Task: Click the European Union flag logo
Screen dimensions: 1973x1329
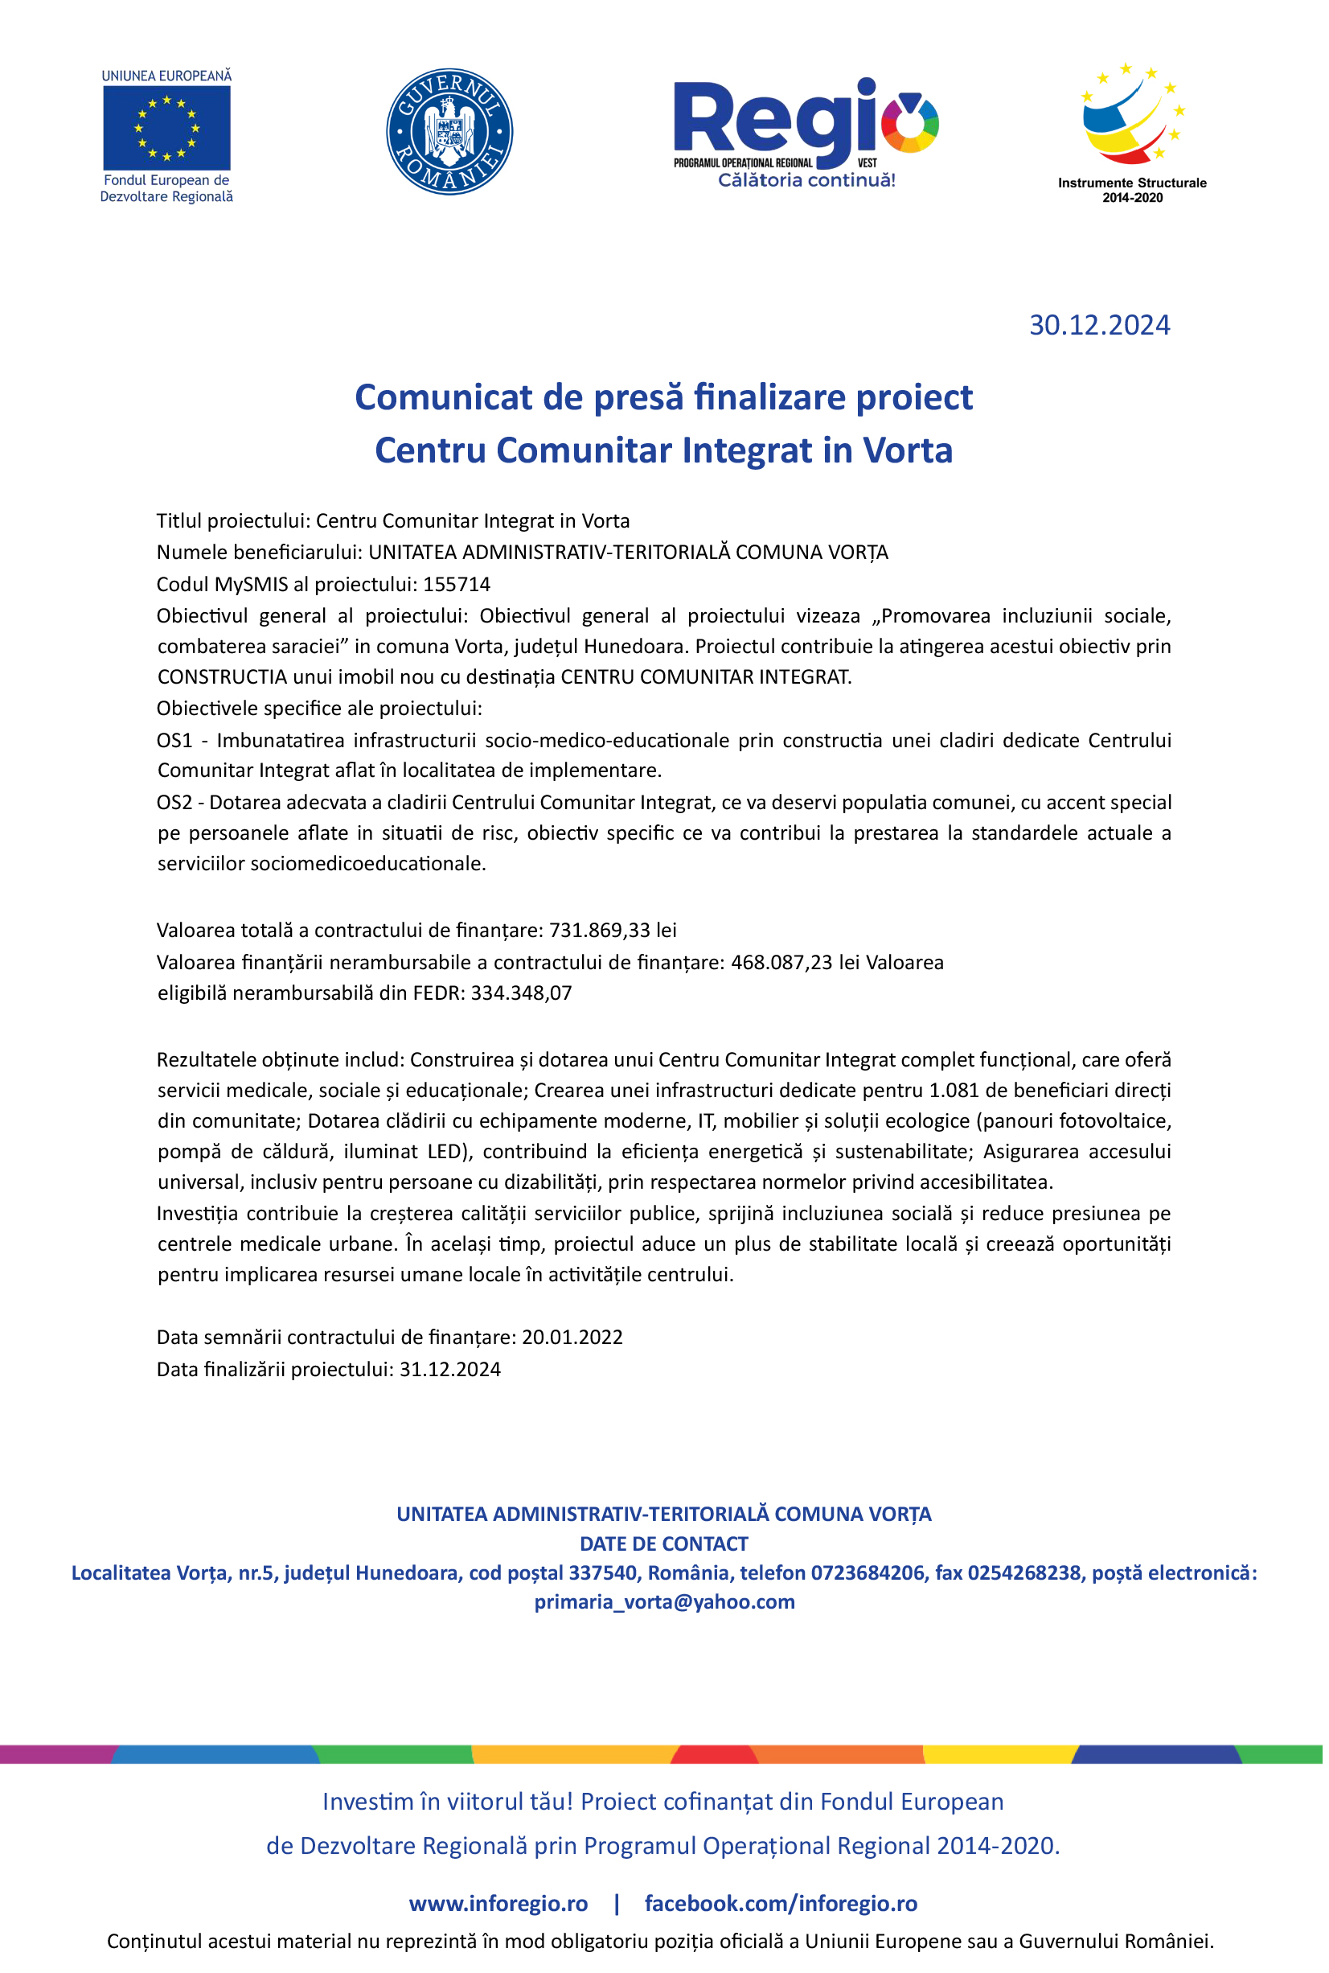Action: click(x=166, y=127)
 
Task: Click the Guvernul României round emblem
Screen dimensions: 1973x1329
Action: click(x=449, y=131)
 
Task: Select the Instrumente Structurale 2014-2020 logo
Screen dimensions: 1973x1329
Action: click(x=1131, y=131)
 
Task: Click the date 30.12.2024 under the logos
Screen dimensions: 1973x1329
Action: click(x=1099, y=326)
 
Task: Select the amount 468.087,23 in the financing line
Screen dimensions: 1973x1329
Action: click(x=781, y=962)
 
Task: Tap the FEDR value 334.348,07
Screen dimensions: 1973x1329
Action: click(x=521, y=993)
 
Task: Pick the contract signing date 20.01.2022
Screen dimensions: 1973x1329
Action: click(x=572, y=1337)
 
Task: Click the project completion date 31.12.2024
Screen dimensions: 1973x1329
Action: click(x=450, y=1369)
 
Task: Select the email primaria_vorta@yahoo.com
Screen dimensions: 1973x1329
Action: click(x=664, y=1601)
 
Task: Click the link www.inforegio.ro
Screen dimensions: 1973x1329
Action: click(x=498, y=1904)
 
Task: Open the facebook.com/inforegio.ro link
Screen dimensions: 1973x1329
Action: click(x=781, y=1904)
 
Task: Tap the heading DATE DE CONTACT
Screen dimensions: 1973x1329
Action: click(x=663, y=1543)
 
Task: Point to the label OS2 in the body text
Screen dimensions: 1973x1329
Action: click(x=174, y=802)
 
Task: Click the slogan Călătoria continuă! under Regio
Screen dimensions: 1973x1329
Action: click(x=806, y=179)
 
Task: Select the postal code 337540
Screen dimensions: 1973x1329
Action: click(x=603, y=1572)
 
